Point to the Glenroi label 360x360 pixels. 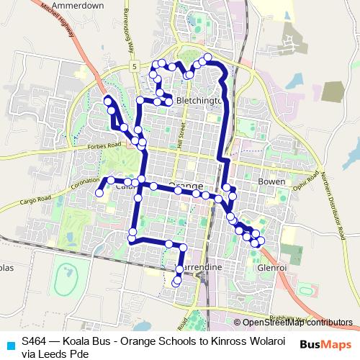pos(271,268)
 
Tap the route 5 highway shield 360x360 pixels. pos(134,66)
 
